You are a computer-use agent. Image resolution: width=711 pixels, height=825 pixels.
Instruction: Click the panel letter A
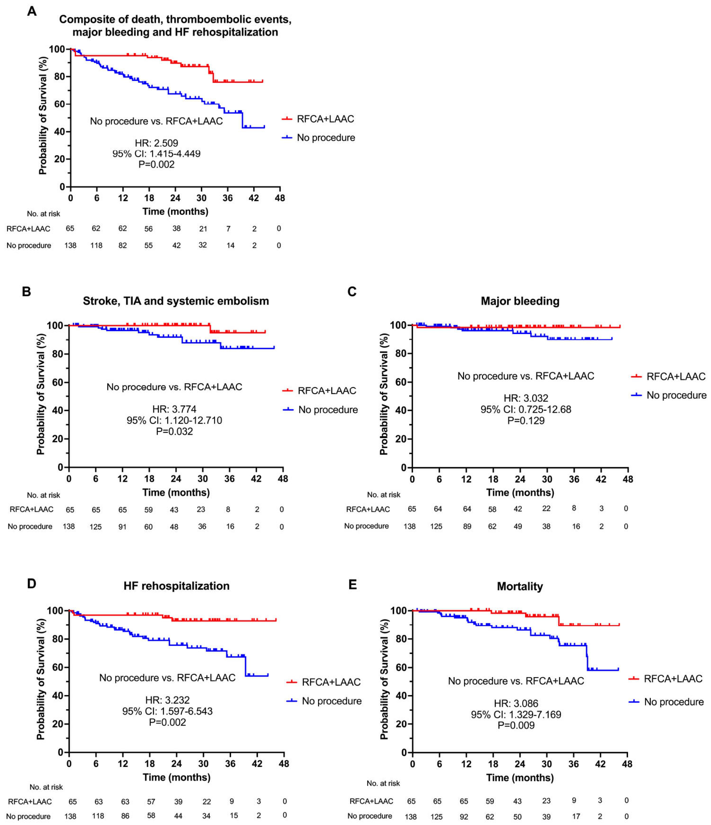(x=32, y=11)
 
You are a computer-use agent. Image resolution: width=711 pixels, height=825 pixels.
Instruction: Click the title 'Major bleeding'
(x=520, y=301)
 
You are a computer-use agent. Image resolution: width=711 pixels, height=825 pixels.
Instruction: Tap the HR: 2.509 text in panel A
(x=156, y=143)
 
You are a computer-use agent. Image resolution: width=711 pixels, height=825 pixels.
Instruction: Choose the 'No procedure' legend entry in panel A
(x=326, y=138)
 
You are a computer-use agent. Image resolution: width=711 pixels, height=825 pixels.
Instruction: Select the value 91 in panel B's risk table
(x=122, y=527)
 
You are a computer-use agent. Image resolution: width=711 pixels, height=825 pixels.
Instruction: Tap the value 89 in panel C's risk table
(x=467, y=526)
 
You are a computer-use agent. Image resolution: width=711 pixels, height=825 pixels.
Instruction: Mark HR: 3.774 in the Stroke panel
(x=174, y=409)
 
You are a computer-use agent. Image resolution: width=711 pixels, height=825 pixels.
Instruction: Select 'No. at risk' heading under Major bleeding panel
(x=383, y=494)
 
